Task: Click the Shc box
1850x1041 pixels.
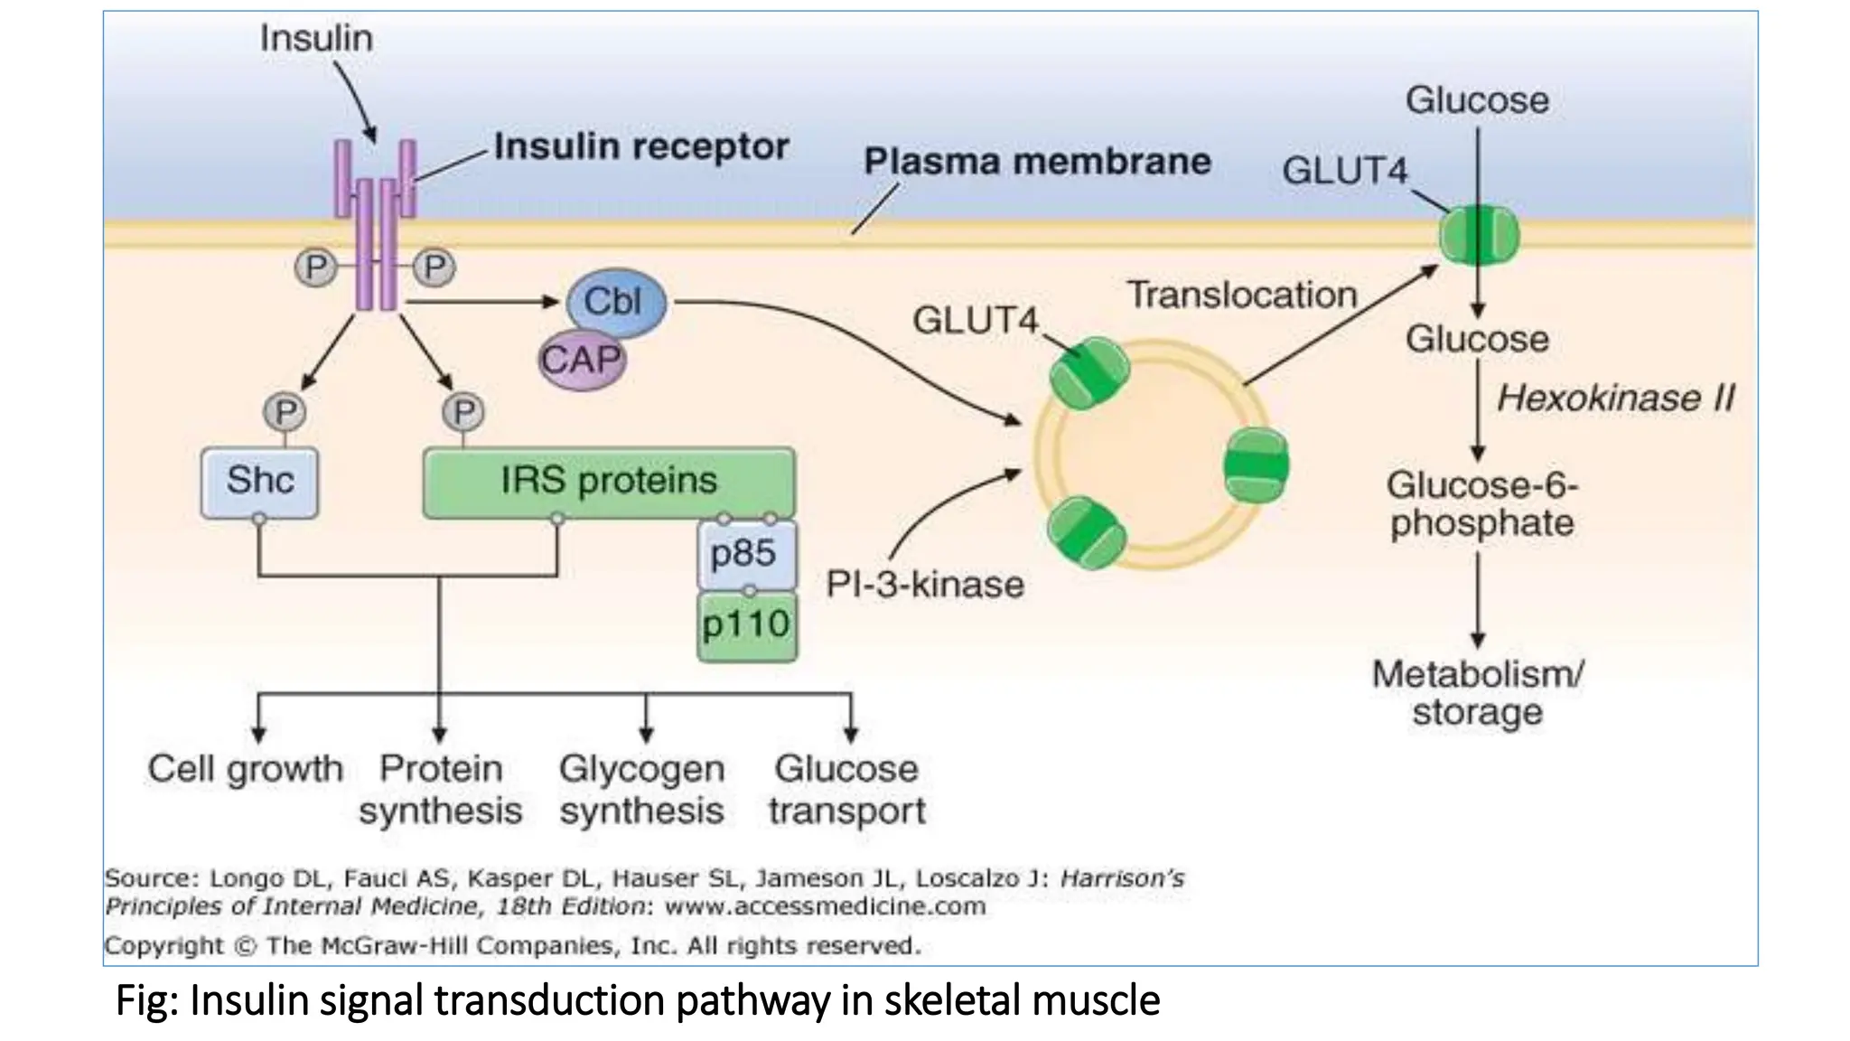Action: pos(260,483)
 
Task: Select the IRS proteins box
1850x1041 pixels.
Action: pos(610,483)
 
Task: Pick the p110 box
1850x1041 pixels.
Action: pos(747,626)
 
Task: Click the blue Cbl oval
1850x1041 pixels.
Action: pos(616,303)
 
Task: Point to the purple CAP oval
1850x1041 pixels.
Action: pos(583,361)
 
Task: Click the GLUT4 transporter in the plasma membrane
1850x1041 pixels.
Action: pos(1479,235)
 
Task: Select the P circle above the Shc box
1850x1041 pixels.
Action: pos(285,413)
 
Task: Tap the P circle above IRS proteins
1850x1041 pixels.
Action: pos(463,413)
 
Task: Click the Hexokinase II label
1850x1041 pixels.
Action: pos(1615,399)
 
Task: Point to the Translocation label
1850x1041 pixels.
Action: pos(1242,295)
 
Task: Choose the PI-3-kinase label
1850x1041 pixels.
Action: pos(925,585)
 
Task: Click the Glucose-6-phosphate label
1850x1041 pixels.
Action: pos(1482,504)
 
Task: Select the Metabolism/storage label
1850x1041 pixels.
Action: pos(1478,693)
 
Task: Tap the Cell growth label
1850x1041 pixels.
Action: pos(246,769)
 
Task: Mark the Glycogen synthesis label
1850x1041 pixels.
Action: pos(642,790)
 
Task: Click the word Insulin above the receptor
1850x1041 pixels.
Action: pos(316,38)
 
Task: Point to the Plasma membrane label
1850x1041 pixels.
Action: pos(1037,162)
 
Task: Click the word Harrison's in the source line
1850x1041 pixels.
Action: pos(1122,877)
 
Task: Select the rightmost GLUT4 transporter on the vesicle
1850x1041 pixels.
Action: pos(1257,466)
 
